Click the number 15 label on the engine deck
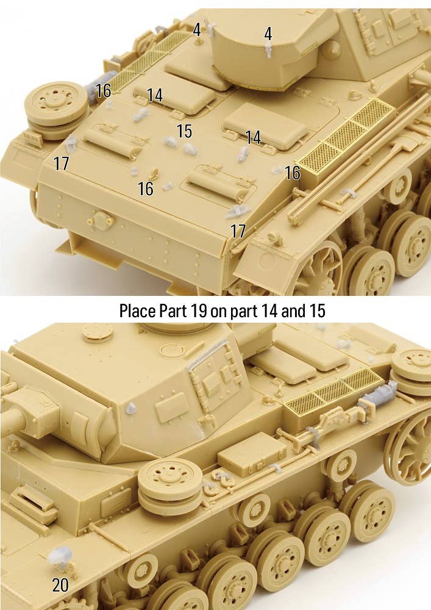[184, 131]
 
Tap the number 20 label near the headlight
[60, 585]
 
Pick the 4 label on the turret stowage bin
[268, 34]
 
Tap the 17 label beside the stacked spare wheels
[61, 163]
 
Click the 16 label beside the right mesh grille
[293, 173]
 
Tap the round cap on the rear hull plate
[101, 221]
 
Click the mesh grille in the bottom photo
[332, 392]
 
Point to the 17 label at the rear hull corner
[238, 231]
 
